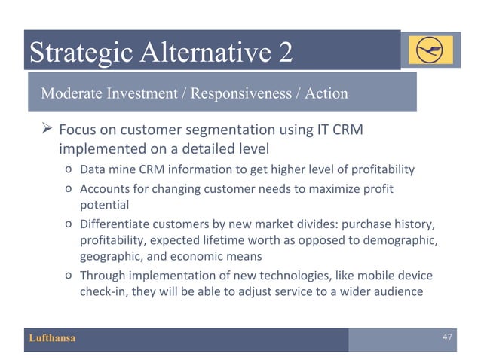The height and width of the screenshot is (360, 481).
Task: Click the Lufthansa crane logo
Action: (x=431, y=50)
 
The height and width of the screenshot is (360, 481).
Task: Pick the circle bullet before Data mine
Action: (x=69, y=168)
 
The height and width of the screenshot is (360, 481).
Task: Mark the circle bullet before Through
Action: (x=69, y=276)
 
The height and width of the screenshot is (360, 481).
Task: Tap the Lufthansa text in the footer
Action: (x=52, y=338)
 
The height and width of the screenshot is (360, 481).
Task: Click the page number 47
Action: (x=446, y=337)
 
